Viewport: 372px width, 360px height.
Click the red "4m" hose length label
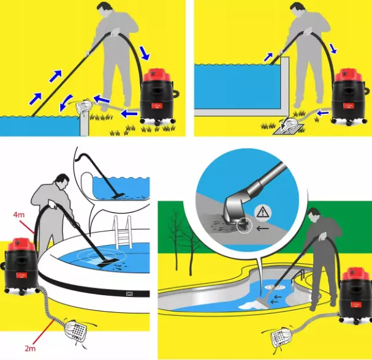point(19,215)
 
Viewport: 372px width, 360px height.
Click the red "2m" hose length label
point(30,348)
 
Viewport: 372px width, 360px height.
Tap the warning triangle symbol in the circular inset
point(262,212)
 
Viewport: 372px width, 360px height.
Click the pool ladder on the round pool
point(122,231)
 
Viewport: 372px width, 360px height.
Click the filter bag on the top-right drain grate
point(289,124)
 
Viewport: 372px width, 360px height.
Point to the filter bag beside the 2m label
point(76,330)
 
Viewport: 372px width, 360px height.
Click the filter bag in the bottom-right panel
point(282,337)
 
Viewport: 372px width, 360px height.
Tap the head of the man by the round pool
point(62,181)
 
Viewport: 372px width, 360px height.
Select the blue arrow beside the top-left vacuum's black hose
point(145,53)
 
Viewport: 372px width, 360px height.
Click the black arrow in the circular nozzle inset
point(263,228)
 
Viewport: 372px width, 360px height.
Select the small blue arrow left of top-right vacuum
point(323,113)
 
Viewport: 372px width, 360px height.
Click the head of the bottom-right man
point(314,214)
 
